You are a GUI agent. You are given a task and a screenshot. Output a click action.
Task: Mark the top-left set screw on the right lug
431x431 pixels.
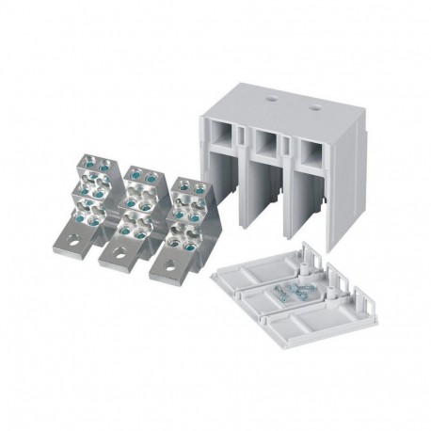click(x=178, y=184)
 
